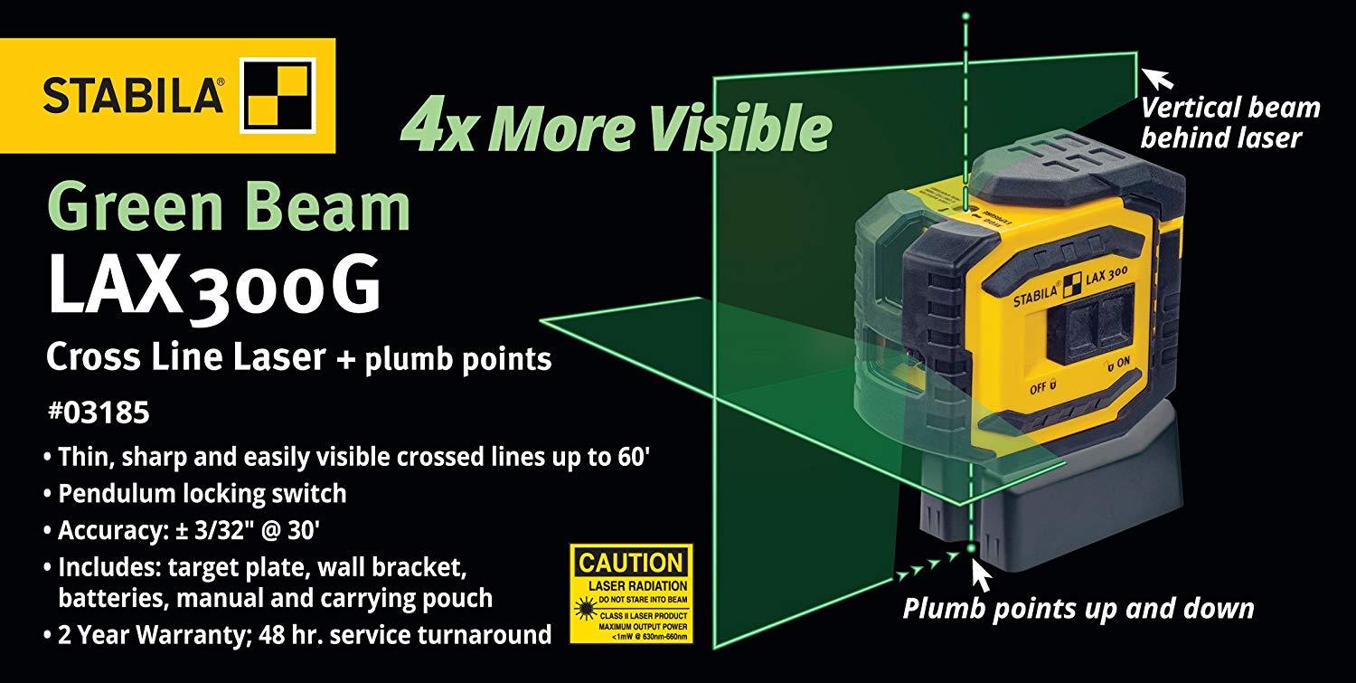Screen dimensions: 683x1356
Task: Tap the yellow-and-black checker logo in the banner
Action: pyautogui.click(x=276, y=95)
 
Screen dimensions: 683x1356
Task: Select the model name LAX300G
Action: pyautogui.click(x=213, y=288)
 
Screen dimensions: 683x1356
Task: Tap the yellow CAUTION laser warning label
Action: pyautogui.click(x=631, y=593)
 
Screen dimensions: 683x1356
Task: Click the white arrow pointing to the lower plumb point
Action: pyautogui.click(x=981, y=574)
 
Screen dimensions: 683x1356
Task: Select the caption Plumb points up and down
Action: pyautogui.click(x=1078, y=608)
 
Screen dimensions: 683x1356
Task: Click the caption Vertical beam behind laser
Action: pyautogui.click(x=1229, y=123)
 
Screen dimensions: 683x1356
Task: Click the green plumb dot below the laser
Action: pyautogui.click(x=969, y=547)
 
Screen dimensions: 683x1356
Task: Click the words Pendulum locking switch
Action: pyautogui.click(x=202, y=494)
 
